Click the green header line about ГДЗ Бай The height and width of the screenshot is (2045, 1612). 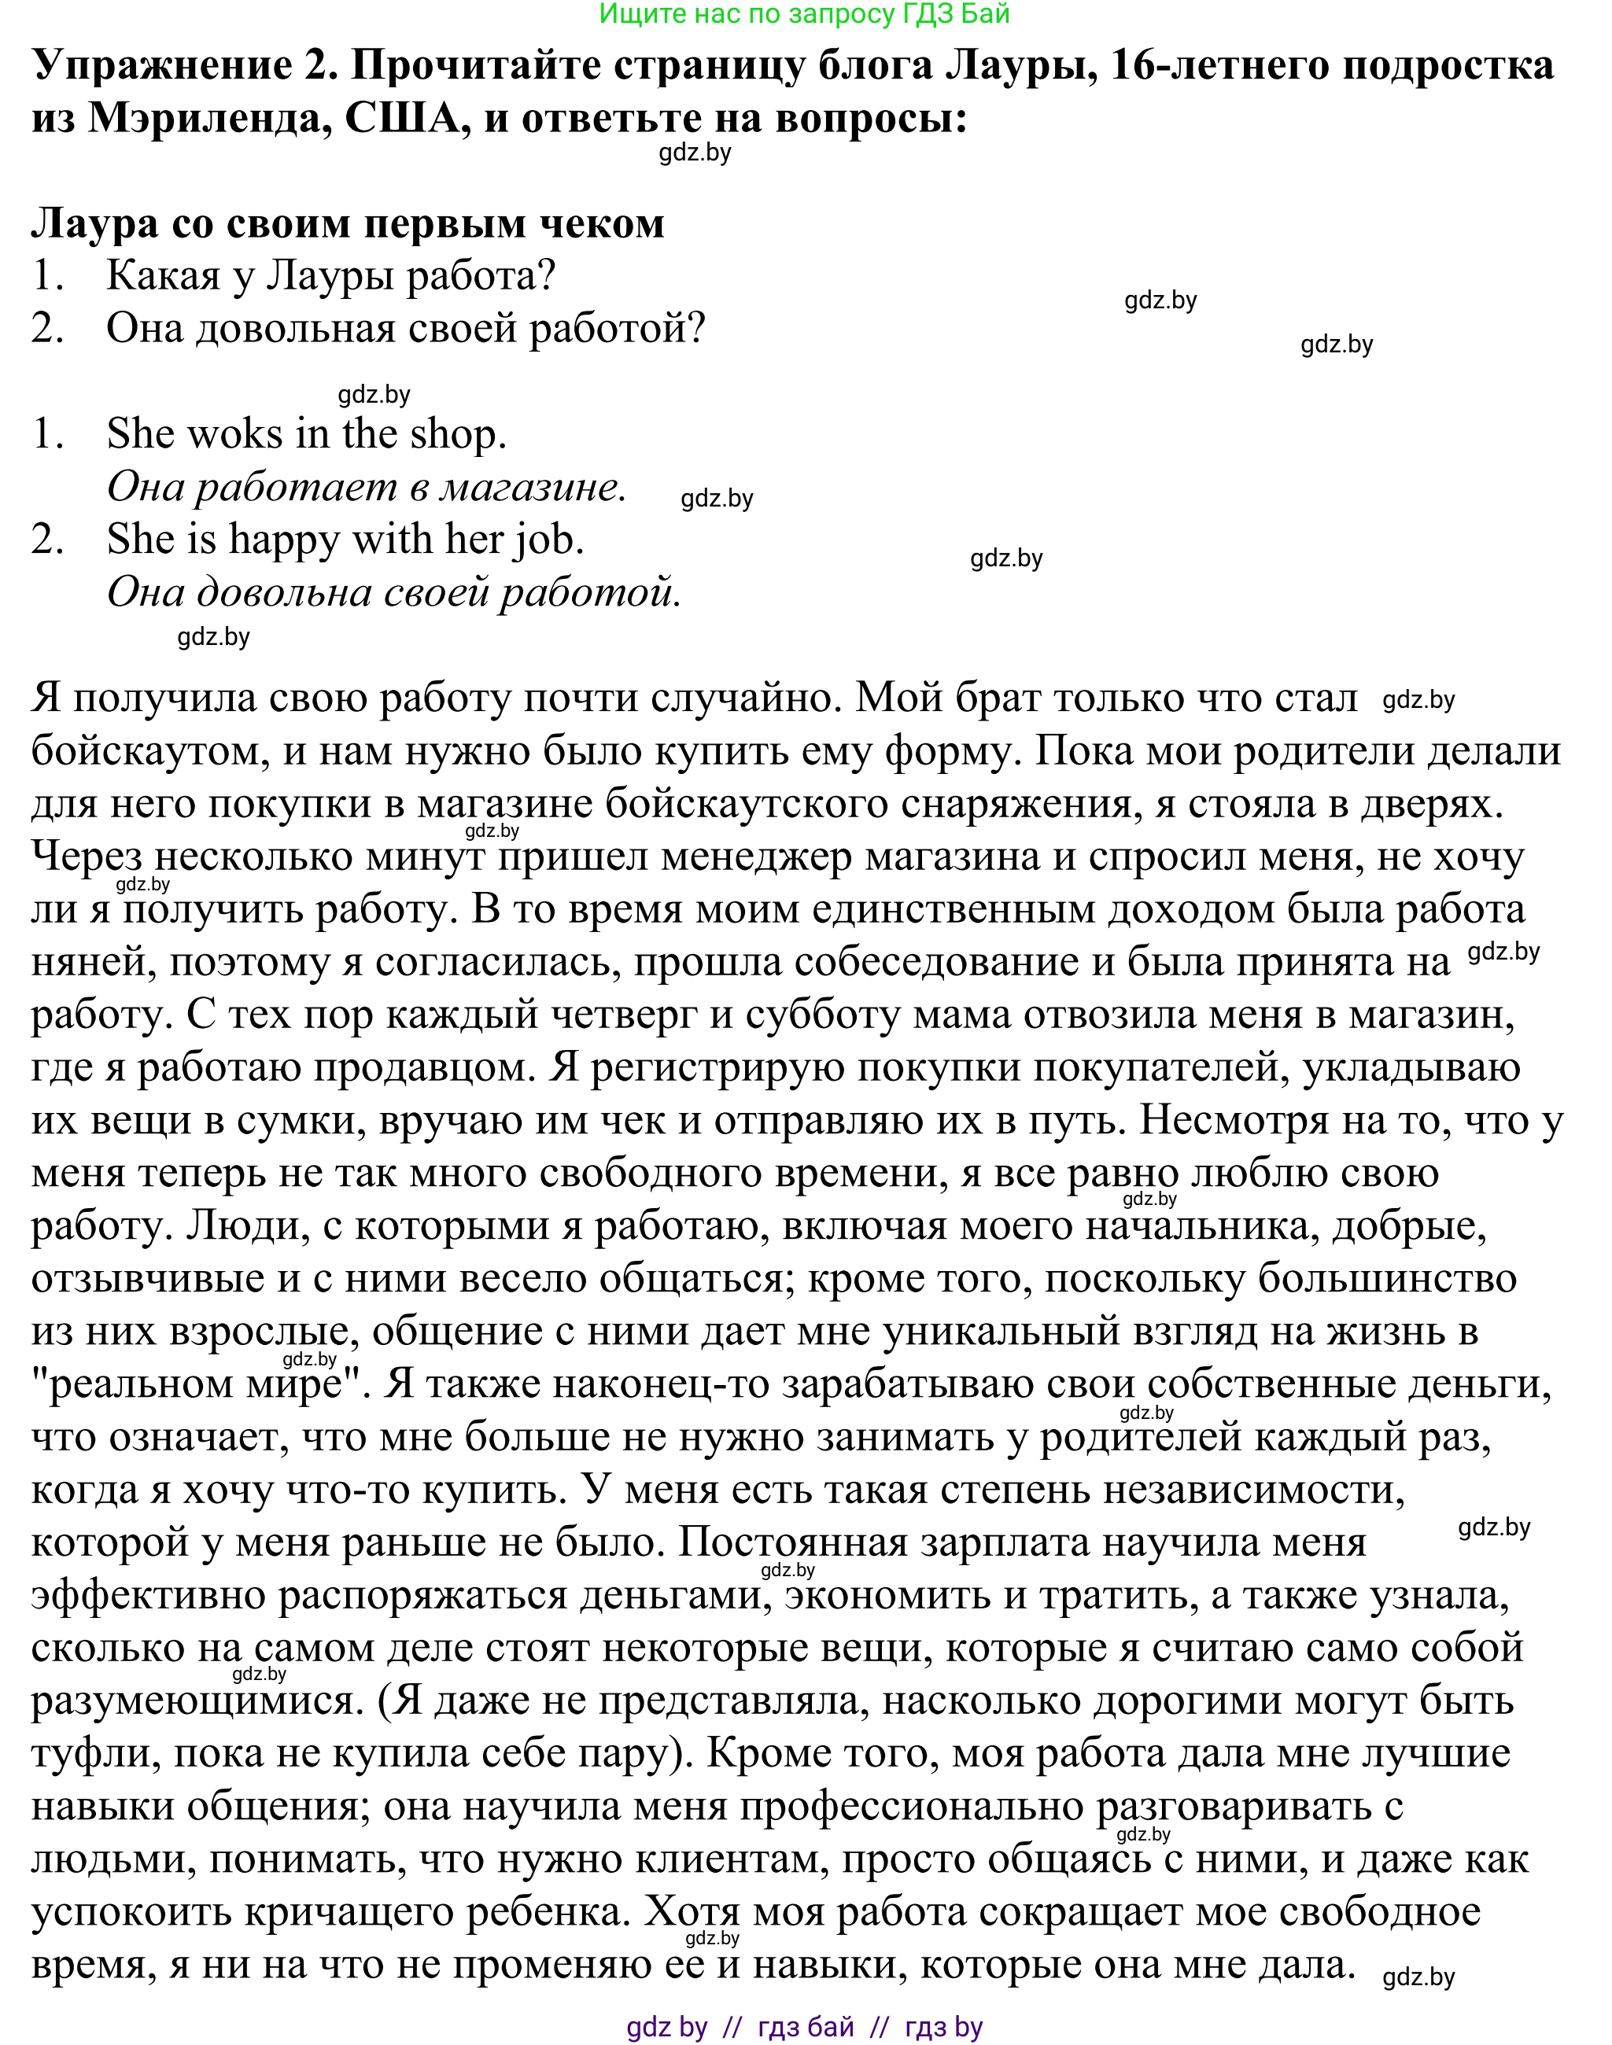point(805,14)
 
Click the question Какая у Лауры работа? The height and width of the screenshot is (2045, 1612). point(330,275)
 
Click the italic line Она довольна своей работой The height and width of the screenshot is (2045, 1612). point(393,592)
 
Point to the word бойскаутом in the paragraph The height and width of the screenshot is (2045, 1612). point(143,752)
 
